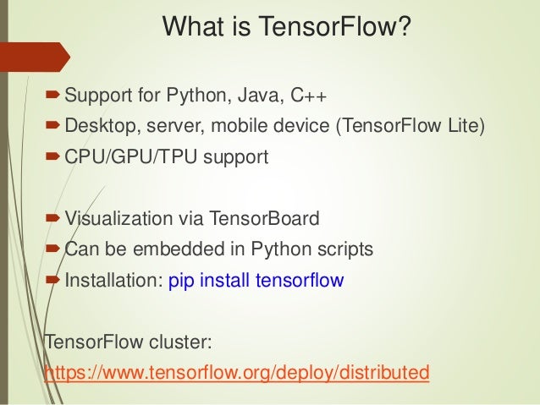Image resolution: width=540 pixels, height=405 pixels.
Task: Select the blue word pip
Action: tap(183, 281)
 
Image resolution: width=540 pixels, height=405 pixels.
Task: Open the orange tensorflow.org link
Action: tap(236, 373)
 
